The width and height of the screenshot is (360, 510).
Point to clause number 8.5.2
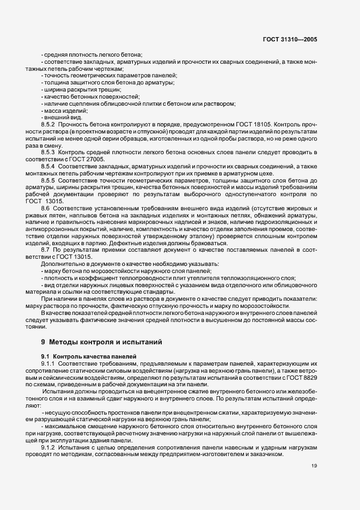48,125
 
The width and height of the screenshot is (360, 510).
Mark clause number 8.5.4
48,165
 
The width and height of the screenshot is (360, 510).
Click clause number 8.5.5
48,179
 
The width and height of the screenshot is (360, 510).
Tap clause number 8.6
46,208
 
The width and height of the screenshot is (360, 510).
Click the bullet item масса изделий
62,111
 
